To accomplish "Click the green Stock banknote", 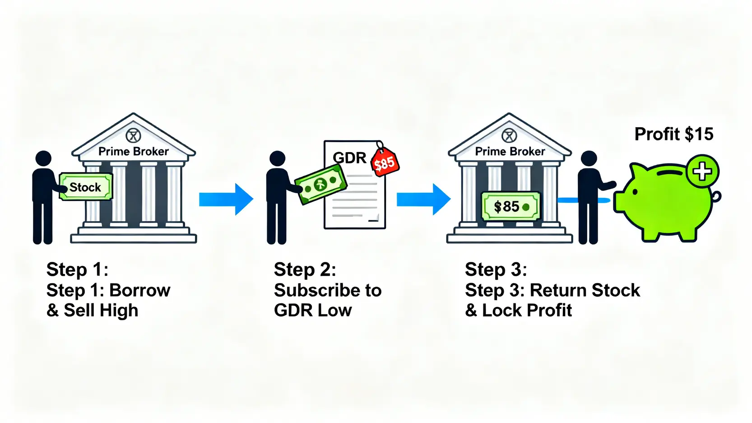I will (86, 187).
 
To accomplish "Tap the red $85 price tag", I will (385, 163).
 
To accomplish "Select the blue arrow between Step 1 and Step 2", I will (226, 199).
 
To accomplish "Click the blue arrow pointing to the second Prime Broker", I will (423, 199).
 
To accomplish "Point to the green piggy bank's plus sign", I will (702, 172).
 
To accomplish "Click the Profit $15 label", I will (673, 134).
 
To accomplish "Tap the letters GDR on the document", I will (349, 158).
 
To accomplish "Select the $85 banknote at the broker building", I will (511, 207).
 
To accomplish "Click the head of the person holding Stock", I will (43, 158).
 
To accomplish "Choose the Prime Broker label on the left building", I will (134, 152).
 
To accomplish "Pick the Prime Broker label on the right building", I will (510, 152).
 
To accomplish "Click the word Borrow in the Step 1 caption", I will (140, 290).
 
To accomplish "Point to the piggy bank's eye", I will (635, 192).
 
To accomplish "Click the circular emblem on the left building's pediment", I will (133, 135).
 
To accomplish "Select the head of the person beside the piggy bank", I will (589, 158).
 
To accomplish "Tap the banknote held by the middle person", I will (320, 184).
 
